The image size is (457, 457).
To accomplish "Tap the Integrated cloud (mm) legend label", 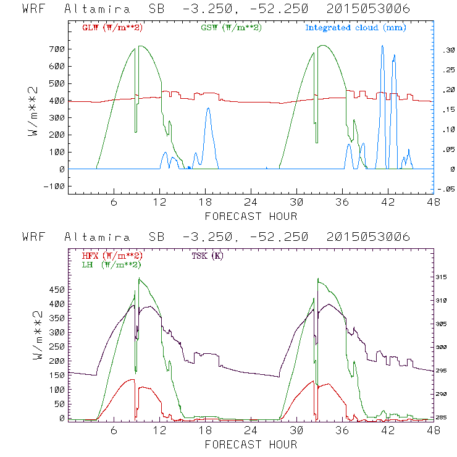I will (x=356, y=28).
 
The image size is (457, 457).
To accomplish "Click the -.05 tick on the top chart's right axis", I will (x=445, y=188).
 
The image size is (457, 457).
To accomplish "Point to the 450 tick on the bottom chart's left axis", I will (x=57, y=289).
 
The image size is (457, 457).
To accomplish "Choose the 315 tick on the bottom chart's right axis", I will (x=445, y=277).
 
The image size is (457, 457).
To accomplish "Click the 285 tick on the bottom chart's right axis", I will (x=445, y=418).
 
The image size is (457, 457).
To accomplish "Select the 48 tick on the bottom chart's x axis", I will (x=434, y=431).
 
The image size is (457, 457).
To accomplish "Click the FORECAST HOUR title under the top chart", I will (x=251, y=216).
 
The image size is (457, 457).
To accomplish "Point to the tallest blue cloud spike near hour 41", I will (x=382, y=46).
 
